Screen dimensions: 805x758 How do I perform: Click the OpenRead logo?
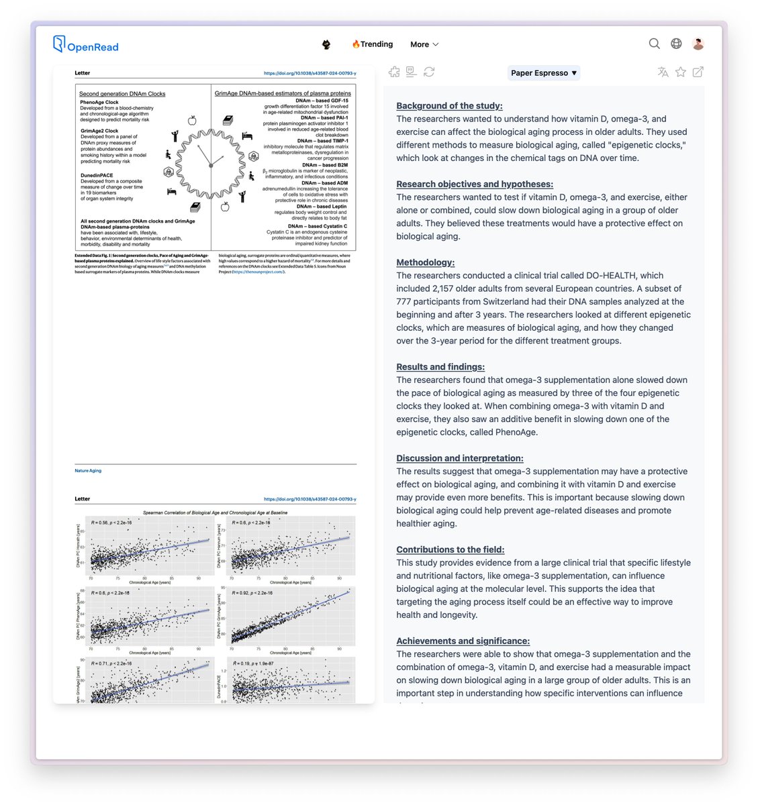pyautogui.click(x=86, y=45)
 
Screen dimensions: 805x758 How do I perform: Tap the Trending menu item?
pyautogui.click(x=373, y=44)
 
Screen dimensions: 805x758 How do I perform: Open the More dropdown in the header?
pyautogui.click(x=424, y=44)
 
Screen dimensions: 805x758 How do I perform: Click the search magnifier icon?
pyautogui.click(x=654, y=44)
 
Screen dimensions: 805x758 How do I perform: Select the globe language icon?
pyautogui.click(x=676, y=44)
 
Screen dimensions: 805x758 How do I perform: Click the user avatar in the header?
pyautogui.click(x=698, y=44)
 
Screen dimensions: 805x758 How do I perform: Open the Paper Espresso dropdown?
pyautogui.click(x=544, y=72)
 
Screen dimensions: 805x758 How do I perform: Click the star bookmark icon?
pyautogui.click(x=681, y=72)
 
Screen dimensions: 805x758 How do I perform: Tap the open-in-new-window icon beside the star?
pyautogui.click(x=698, y=72)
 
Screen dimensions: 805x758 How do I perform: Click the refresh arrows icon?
pyautogui.click(x=429, y=72)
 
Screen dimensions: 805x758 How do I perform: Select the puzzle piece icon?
pyautogui.click(x=394, y=72)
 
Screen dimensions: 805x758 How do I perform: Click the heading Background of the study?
pyautogui.click(x=449, y=105)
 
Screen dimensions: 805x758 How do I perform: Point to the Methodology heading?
pyautogui.click(x=425, y=262)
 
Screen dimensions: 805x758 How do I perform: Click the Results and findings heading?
pyautogui.click(x=440, y=367)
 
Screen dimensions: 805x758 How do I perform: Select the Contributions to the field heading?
pyautogui.click(x=450, y=549)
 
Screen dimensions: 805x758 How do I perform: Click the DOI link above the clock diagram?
pyautogui.click(x=310, y=73)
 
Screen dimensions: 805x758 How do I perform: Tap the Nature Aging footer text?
pyautogui.click(x=88, y=471)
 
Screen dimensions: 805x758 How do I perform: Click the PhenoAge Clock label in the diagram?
pyautogui.click(x=99, y=103)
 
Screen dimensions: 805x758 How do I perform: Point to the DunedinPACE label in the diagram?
pyautogui.click(x=97, y=176)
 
